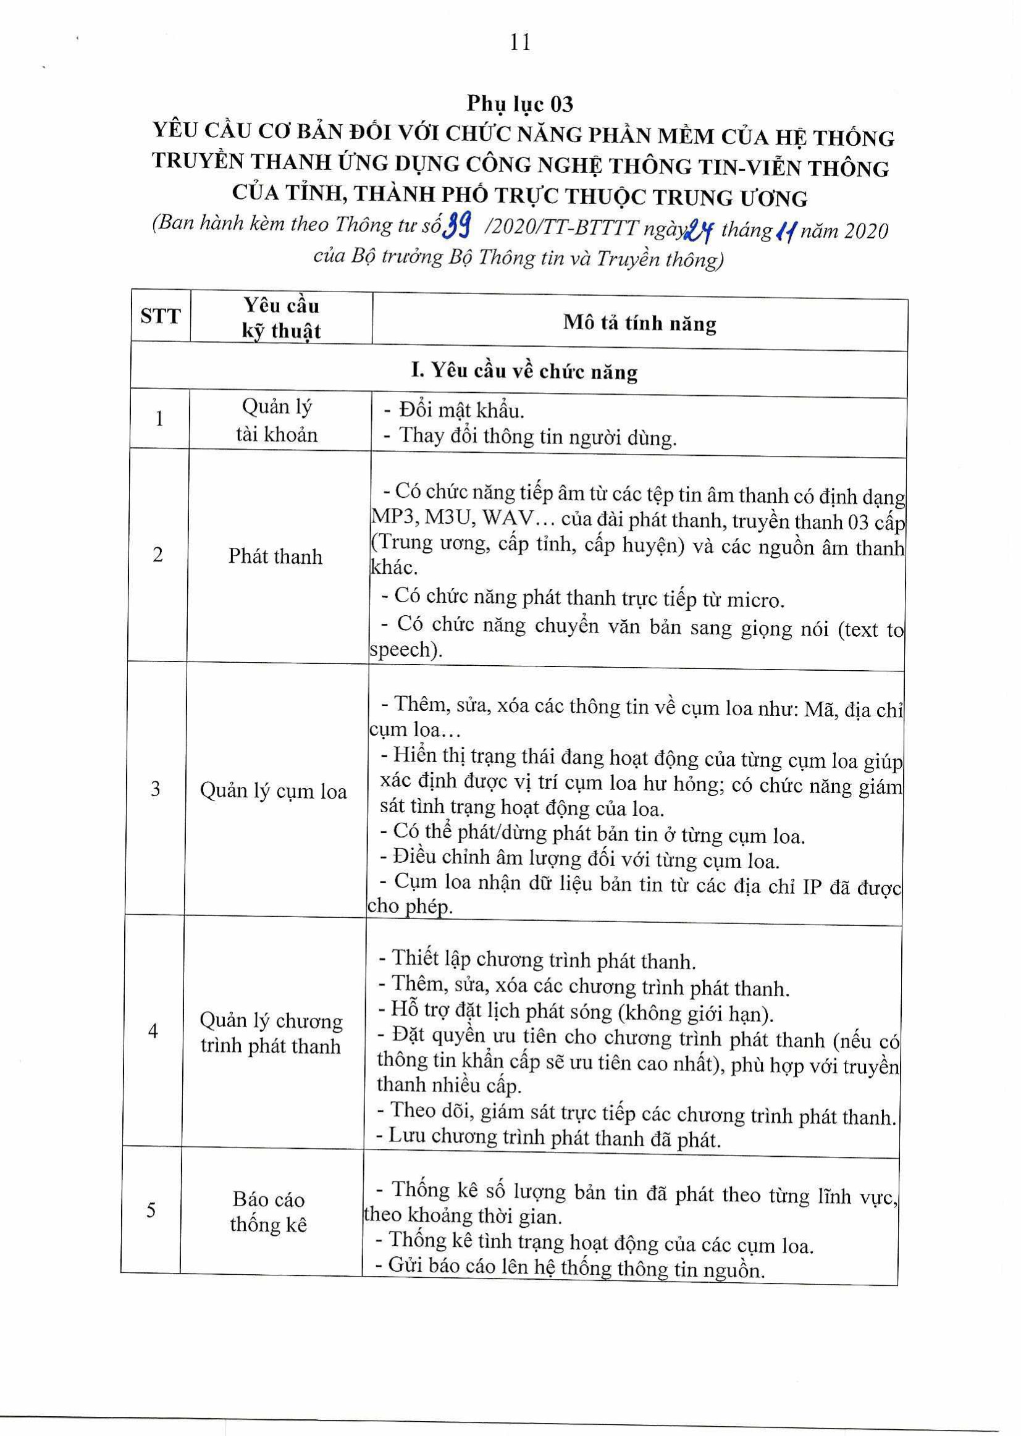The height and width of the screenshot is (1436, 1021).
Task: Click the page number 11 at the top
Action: pyautogui.click(x=521, y=43)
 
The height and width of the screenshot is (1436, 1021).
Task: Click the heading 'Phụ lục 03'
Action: pyautogui.click(x=519, y=103)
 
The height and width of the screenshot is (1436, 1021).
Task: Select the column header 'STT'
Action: pyautogui.click(x=161, y=316)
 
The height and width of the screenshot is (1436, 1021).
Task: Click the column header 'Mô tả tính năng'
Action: pyautogui.click(x=639, y=323)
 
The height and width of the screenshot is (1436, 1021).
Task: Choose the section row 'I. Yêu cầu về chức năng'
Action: pyautogui.click(x=524, y=371)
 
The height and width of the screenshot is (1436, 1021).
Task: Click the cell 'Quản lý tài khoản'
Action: pyautogui.click(x=277, y=421)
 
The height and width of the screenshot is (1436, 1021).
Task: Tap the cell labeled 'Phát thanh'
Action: pyautogui.click(x=275, y=556)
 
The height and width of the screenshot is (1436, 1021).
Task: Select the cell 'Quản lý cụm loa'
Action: pyautogui.click(x=274, y=791)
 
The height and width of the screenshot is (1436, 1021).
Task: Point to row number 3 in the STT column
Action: pyautogui.click(x=156, y=789)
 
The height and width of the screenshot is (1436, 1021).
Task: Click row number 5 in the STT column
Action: pyautogui.click(x=151, y=1210)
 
